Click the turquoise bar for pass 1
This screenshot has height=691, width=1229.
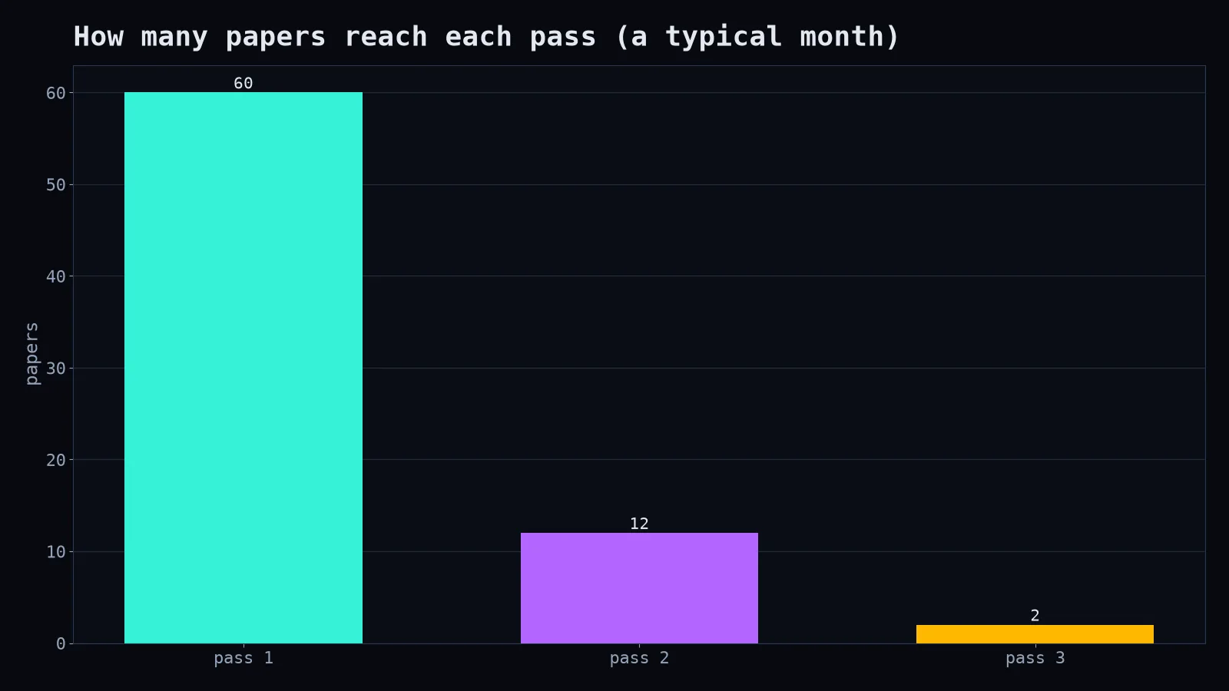[x=243, y=368]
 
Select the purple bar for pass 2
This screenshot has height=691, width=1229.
[x=639, y=588]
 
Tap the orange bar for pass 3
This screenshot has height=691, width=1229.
[x=1035, y=634]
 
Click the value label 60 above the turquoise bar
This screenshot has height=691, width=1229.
[x=243, y=84]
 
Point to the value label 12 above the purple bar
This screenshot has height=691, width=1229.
[x=639, y=524]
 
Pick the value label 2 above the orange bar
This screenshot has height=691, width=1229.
[x=1035, y=616]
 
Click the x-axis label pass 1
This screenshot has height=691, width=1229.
[x=243, y=658]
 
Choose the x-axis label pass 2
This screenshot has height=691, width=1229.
[x=639, y=658]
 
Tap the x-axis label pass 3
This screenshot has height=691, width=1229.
[x=1035, y=658]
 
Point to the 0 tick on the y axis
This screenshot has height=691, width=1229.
[x=61, y=644]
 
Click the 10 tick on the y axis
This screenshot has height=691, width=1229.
[x=55, y=552]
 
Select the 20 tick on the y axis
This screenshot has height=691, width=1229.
[x=55, y=460]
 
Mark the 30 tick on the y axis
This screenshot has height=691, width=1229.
[x=55, y=369]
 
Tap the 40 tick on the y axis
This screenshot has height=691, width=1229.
[x=55, y=276]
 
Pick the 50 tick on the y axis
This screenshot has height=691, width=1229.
[x=55, y=185]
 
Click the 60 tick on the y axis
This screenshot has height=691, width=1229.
[x=55, y=93]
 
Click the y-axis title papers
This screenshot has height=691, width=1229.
[x=31, y=354]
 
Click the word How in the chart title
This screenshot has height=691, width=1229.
[x=99, y=36]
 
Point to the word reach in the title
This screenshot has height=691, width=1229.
[x=386, y=36]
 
